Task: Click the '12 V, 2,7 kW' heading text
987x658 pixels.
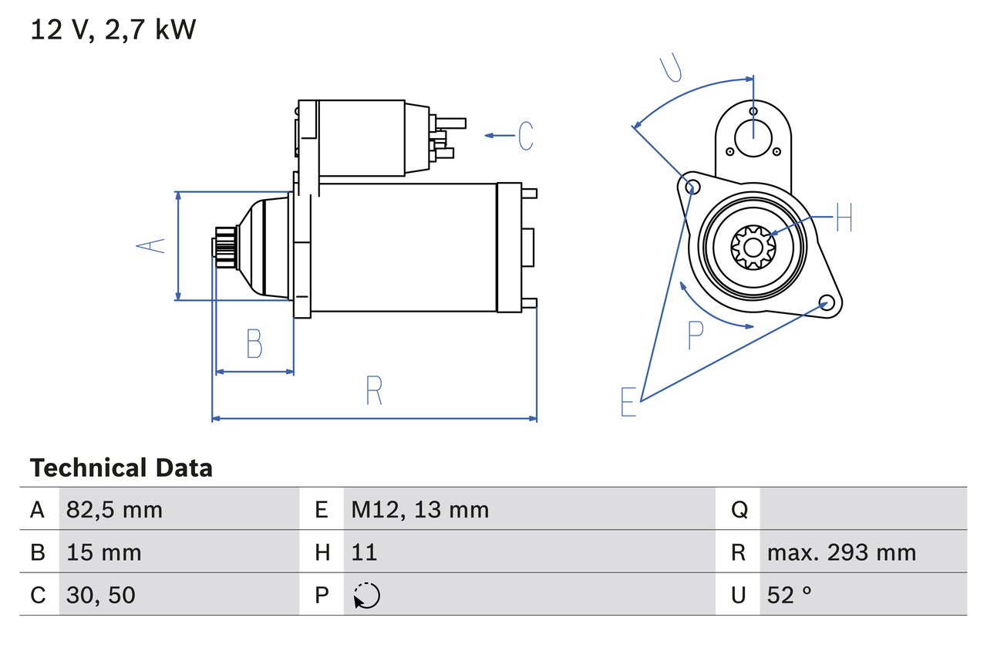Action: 113,30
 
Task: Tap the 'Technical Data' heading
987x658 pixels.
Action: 121,468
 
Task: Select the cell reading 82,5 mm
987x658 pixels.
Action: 114,509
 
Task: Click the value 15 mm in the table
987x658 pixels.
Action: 103,552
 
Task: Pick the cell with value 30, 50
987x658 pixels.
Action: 100,595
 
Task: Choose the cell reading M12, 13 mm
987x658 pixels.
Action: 419,509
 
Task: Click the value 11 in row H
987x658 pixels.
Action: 364,552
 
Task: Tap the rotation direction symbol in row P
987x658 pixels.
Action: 366,596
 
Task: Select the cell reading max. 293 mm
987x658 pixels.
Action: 841,552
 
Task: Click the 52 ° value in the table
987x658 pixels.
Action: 790,595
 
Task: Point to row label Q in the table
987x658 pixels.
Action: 739,509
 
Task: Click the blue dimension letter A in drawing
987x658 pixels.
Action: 151,245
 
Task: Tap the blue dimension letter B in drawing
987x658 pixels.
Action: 254,344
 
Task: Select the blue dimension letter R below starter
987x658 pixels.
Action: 374,390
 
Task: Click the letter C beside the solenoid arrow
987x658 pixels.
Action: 525,136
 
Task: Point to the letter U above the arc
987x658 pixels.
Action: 671,68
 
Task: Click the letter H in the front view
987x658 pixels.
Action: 844,218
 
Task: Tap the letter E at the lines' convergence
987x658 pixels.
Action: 628,402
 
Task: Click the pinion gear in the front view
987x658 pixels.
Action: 752,247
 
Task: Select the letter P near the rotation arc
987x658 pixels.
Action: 696,336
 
